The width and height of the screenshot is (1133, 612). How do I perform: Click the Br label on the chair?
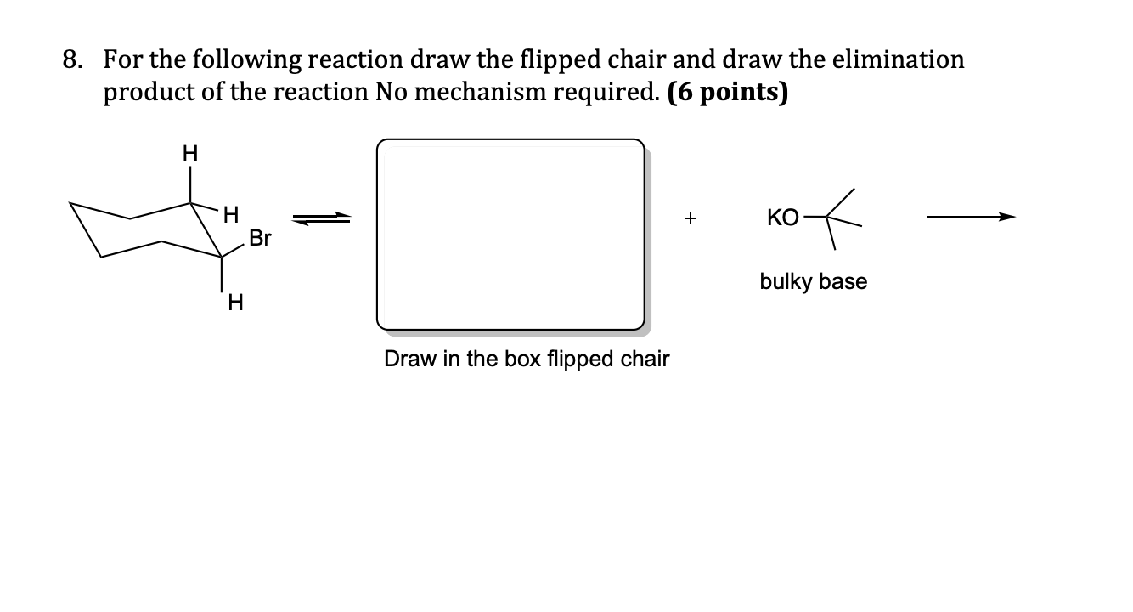[260, 239]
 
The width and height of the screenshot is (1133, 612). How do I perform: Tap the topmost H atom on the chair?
[190, 154]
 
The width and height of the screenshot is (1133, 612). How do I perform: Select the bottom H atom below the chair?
[236, 303]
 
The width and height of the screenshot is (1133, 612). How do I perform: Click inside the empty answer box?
[510, 234]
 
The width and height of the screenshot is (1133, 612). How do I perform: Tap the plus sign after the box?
[691, 219]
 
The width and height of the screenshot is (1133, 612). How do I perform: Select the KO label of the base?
[782, 218]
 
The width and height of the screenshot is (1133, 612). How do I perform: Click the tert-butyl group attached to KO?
[836, 218]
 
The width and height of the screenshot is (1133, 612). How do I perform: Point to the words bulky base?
[813, 281]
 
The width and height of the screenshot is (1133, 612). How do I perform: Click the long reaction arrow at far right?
[971, 218]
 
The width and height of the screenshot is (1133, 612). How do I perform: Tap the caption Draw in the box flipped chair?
[527, 359]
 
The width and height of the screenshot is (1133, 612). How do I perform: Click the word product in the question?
[142, 92]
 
